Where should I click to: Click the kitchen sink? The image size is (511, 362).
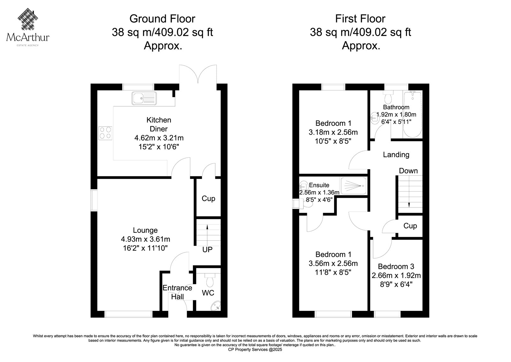click(144, 98)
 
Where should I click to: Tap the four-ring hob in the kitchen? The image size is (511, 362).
click(105, 133)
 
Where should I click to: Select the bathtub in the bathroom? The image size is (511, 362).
click(412, 114)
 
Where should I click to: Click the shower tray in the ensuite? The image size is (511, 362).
click(354, 186)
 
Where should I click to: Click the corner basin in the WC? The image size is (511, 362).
click(216, 306)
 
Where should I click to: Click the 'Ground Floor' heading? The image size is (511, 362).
click(163, 19)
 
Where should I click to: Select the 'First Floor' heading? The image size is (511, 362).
click(360, 19)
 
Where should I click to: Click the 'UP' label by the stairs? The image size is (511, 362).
click(207, 250)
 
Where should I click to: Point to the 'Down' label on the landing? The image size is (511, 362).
click(408, 171)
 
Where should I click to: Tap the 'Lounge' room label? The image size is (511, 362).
click(145, 230)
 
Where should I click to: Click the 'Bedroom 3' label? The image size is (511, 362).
click(396, 266)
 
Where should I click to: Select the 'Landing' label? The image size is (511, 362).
click(396, 155)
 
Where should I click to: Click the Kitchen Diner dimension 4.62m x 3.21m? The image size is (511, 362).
click(159, 138)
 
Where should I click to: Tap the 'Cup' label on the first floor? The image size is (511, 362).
click(410, 226)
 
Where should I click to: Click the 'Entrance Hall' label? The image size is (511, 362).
click(177, 292)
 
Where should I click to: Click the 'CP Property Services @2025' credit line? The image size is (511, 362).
click(255, 350)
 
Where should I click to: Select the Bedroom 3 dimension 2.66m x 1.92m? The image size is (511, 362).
click(396, 276)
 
